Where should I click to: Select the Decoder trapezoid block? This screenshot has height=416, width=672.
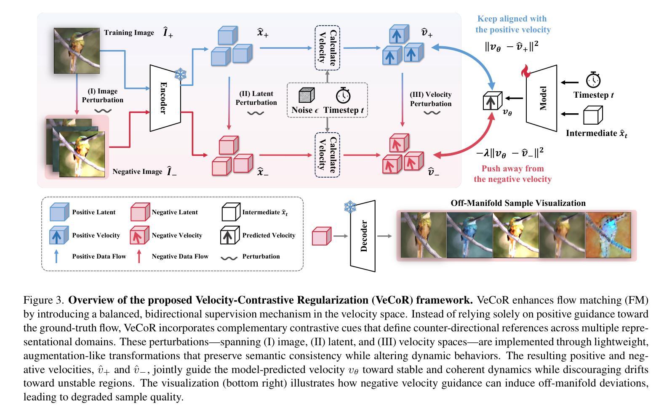363,236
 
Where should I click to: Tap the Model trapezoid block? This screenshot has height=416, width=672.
542,98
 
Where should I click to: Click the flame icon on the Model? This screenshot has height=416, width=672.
526,71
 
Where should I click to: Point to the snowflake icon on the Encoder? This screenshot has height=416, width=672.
181,75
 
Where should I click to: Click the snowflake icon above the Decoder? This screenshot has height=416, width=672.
350,207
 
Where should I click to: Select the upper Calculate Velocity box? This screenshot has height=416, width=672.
328,48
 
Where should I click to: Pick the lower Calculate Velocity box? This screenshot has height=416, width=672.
328,155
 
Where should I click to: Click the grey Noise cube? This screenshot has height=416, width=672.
307,95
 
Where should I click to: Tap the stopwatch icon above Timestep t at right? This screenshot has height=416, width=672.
593,79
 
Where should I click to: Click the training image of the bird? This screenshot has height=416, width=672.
77,51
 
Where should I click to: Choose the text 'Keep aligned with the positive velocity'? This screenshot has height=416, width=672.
513,24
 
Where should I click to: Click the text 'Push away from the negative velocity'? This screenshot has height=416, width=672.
512,174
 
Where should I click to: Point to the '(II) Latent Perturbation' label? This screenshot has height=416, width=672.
256,98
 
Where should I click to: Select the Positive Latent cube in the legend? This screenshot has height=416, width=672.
59,212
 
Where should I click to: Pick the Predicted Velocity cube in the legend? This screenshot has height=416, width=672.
230,235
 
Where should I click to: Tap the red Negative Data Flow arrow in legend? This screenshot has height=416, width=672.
139,256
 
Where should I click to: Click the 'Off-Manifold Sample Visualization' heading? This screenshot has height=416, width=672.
518,203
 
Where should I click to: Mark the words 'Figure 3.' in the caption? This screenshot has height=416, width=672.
44,300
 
